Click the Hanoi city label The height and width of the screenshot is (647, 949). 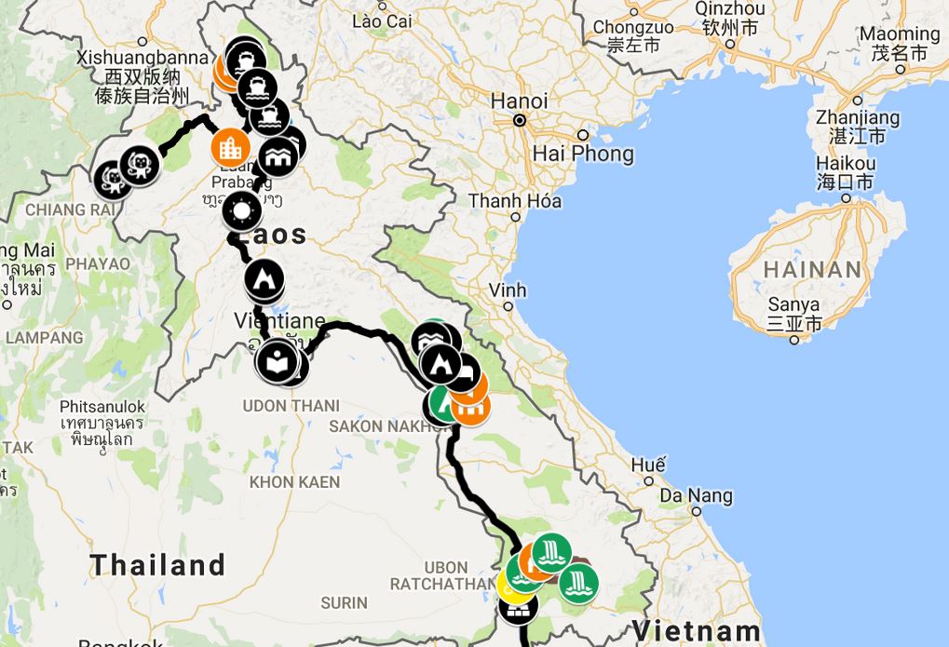click(520, 101)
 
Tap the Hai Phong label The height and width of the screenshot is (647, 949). click(583, 154)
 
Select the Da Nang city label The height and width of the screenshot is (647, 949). click(697, 495)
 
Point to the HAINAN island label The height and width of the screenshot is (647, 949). click(813, 270)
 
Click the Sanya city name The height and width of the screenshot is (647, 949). click(793, 304)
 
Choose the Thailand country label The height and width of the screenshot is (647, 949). click(157, 564)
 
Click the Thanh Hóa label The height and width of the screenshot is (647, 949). click(515, 201)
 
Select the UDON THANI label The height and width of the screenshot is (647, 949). click(291, 406)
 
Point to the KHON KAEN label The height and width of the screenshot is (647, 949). click(294, 482)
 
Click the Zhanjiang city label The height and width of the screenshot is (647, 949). click(858, 118)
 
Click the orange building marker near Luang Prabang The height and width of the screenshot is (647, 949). click(228, 147)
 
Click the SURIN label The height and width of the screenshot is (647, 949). click(344, 603)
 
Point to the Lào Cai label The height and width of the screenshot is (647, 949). click(383, 20)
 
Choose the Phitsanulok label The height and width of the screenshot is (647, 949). click(102, 407)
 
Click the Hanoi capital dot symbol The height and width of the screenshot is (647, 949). click(520, 120)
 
